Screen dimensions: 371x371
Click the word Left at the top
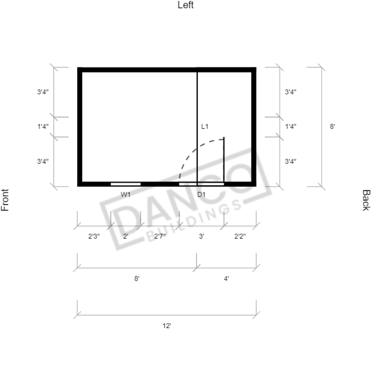coord(186,5)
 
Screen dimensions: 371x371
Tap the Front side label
coord(5,200)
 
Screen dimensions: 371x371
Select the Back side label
coord(366,200)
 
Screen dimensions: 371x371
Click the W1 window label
coord(125,195)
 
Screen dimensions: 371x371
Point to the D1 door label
coord(201,195)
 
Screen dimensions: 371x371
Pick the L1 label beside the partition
coord(205,127)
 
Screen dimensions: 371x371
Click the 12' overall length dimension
coord(166,326)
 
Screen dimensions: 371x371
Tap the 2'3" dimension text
coord(94,236)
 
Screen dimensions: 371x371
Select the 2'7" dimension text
coord(160,236)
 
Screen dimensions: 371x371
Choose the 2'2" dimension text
coord(240,236)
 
